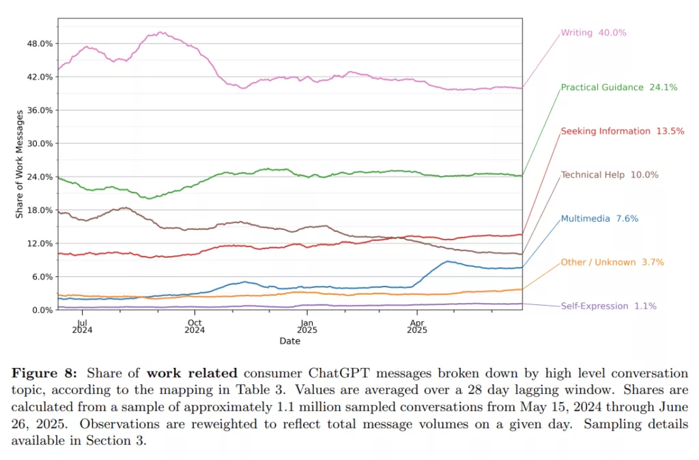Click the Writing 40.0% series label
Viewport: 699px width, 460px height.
tap(593, 32)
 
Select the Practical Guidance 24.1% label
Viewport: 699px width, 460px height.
tap(618, 87)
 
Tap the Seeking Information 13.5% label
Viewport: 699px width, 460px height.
tap(622, 131)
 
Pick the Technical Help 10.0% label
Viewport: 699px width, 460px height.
tap(610, 175)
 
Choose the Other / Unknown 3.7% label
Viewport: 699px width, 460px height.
tap(612, 262)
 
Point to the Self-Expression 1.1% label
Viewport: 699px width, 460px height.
tap(608, 306)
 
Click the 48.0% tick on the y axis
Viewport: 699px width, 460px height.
tap(39, 44)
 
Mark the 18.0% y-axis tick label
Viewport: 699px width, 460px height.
tap(39, 210)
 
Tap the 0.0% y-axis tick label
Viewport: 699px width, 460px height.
tap(41, 310)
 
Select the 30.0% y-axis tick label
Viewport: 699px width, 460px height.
tap(39, 143)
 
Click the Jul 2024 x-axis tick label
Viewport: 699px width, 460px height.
tap(82, 325)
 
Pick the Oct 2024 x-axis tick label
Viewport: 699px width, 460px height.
tap(195, 325)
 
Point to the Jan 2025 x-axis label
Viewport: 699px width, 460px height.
tap(306, 325)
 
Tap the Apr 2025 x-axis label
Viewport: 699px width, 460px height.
tap(416, 325)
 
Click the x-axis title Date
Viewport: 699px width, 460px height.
tap(289, 341)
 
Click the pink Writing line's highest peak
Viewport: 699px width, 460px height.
tap(161, 32)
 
